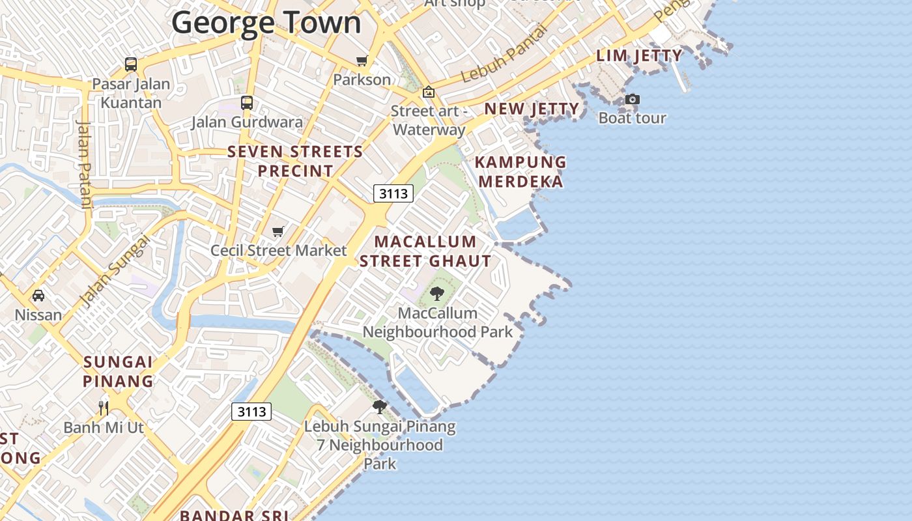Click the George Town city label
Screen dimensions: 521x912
(x=266, y=22)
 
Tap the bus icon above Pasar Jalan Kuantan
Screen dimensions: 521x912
(x=131, y=64)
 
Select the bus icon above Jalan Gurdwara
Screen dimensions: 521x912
(x=246, y=102)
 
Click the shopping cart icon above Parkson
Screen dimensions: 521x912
(x=362, y=61)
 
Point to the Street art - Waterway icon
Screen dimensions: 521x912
(x=428, y=92)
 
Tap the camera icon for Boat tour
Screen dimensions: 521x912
(x=632, y=100)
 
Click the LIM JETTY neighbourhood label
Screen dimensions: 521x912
(x=639, y=56)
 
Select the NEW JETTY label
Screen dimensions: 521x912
(x=532, y=109)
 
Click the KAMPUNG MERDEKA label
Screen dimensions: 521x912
(x=520, y=171)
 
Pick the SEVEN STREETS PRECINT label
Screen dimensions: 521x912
(x=295, y=161)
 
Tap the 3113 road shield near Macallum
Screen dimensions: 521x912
(x=393, y=193)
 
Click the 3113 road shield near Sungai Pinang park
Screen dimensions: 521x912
(x=251, y=412)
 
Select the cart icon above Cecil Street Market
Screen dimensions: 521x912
(x=278, y=231)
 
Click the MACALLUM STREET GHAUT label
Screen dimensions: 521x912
(x=425, y=251)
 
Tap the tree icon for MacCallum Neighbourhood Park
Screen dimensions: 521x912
(x=437, y=294)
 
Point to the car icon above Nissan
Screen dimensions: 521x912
(x=38, y=296)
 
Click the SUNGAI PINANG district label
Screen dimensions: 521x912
(x=118, y=371)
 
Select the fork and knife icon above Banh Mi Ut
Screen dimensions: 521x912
(x=104, y=408)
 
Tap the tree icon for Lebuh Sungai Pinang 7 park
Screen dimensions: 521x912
(x=379, y=408)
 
